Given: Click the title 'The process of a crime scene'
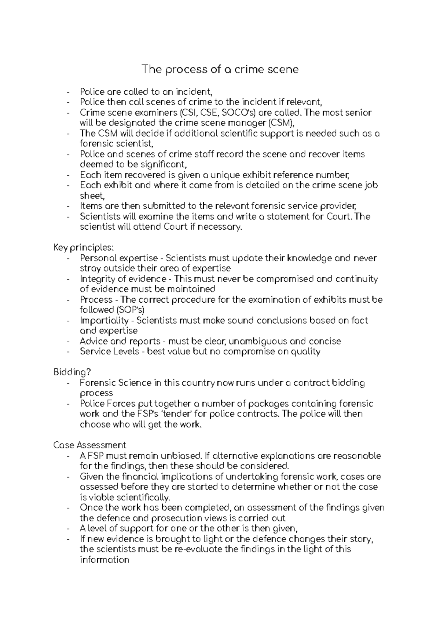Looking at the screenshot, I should point(220,69).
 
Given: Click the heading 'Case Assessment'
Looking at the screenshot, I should point(89,445).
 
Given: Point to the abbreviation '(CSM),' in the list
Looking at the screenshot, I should point(282,123).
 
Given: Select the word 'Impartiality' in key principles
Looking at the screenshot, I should point(104,320).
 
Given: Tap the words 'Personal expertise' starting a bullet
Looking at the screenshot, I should point(119,258).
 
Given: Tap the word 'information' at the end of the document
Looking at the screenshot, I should point(104,560).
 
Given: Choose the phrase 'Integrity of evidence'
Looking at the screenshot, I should point(123,279).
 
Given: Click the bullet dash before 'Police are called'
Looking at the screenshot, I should point(69,92).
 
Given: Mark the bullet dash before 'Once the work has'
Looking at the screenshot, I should point(69,508).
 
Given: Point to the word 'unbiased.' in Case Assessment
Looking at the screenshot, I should point(181,456).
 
